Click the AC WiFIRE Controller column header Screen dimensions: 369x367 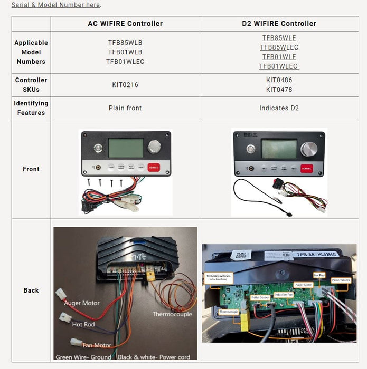point(125,24)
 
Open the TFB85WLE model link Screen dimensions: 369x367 point(279,38)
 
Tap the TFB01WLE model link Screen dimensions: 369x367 point(279,57)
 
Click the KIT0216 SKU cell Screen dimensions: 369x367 point(125,85)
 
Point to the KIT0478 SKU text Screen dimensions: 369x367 point(279,90)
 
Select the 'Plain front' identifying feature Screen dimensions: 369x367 point(125,108)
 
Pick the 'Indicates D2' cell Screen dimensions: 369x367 point(279,108)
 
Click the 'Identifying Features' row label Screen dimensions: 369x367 point(31,108)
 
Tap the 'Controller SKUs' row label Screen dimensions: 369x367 point(31,85)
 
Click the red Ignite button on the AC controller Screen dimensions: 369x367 point(153,167)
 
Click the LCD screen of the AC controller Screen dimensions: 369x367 point(126,148)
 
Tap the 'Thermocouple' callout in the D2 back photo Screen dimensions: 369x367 point(229,312)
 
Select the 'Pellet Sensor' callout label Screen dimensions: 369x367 point(260,298)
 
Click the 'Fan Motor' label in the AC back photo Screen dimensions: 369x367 point(96,346)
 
